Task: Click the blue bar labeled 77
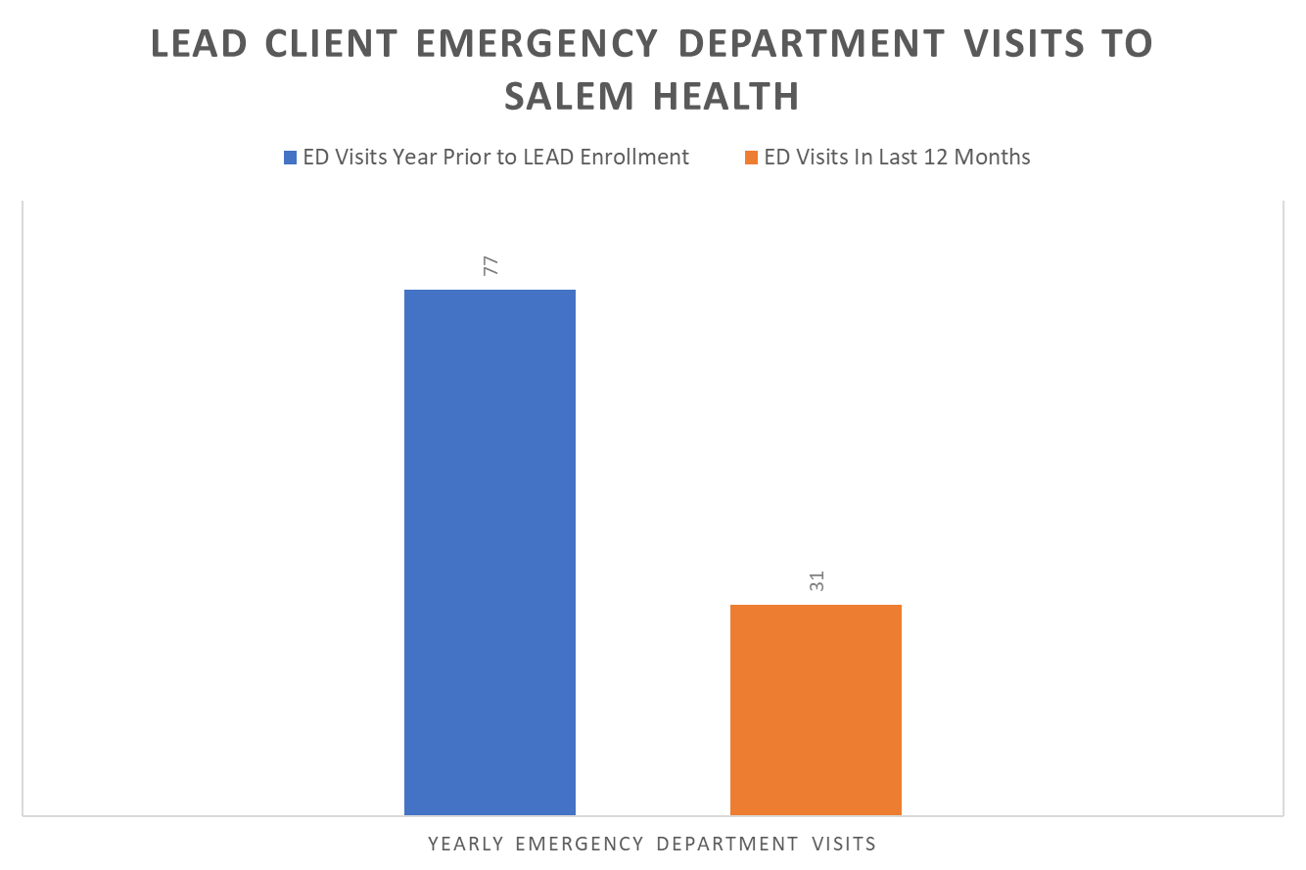click(x=490, y=552)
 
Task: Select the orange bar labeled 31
click(x=816, y=710)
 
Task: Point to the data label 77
click(x=490, y=265)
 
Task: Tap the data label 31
click(x=816, y=580)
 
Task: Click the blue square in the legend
click(x=290, y=158)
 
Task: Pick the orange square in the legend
click(x=751, y=158)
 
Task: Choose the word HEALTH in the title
click(x=723, y=96)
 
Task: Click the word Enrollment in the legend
click(x=639, y=158)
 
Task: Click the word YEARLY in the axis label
click(x=465, y=844)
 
